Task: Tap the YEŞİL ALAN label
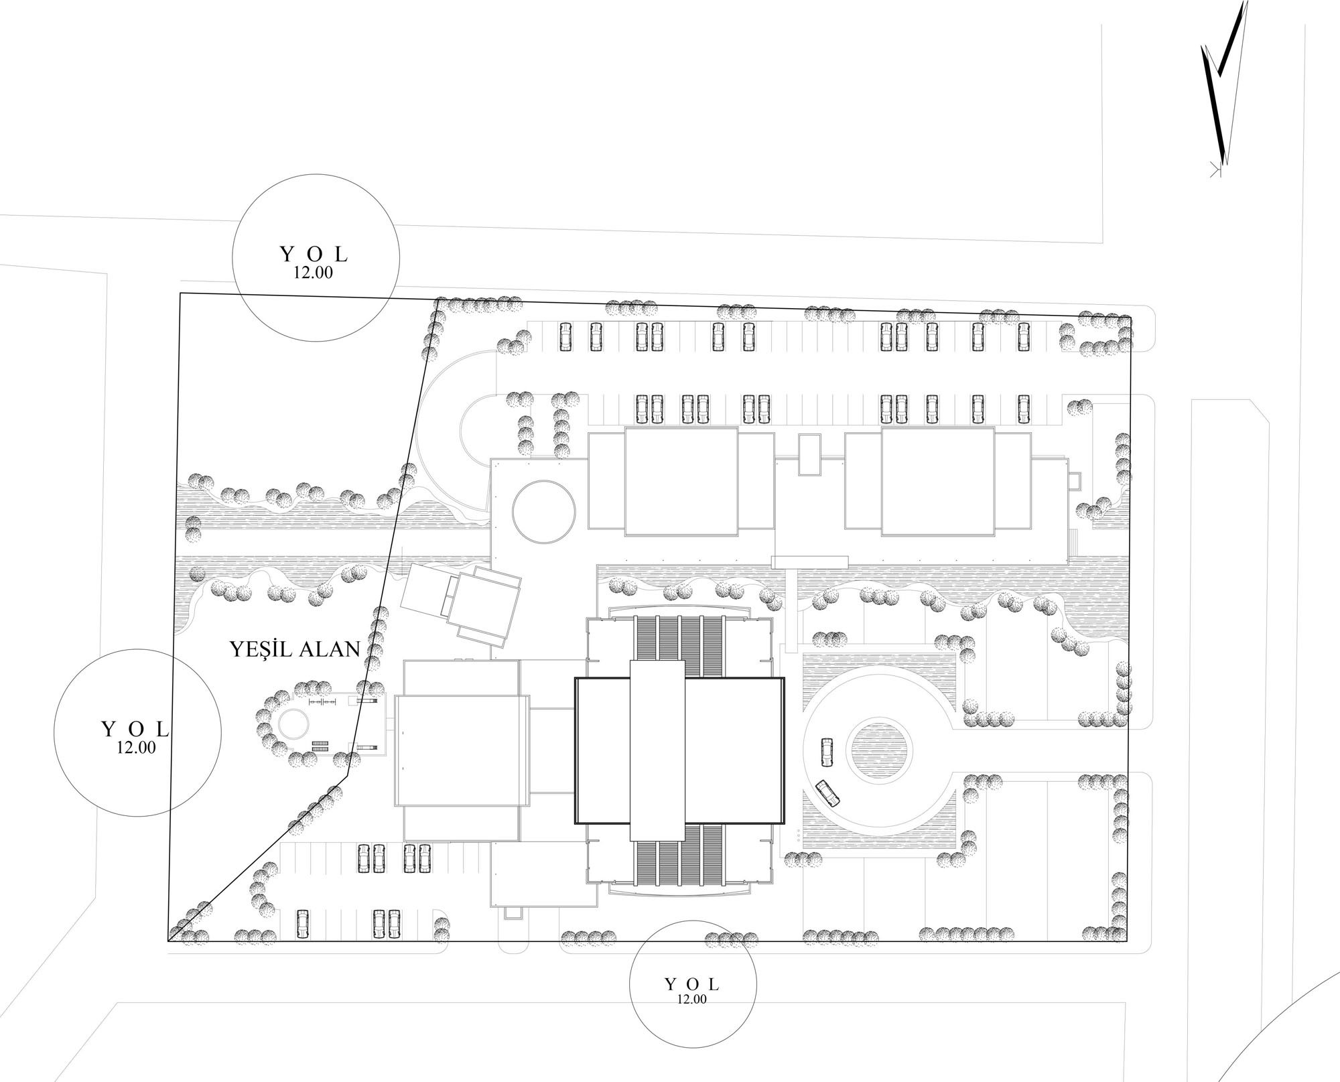coord(295,649)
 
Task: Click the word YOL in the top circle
coord(314,255)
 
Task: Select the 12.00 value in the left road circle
coord(136,748)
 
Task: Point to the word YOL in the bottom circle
coord(691,984)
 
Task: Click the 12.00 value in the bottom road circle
coord(691,999)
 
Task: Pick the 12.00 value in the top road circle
coord(313,273)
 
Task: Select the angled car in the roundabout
coord(829,794)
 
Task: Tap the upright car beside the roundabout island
coord(827,752)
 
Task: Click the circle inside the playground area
coord(293,724)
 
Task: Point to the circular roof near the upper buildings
coord(543,511)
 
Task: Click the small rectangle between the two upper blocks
coord(809,454)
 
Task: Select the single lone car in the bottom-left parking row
coord(302,925)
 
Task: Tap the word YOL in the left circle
coord(136,729)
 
